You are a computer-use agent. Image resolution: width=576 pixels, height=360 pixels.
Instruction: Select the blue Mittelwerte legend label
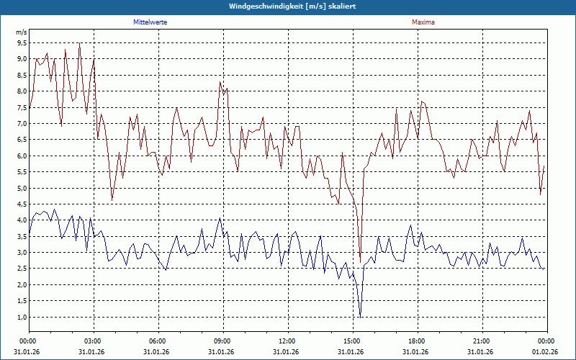click(x=150, y=22)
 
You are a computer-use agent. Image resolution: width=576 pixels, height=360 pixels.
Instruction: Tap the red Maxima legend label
click(x=423, y=22)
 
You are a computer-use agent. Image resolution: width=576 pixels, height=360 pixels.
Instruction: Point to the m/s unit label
click(x=22, y=32)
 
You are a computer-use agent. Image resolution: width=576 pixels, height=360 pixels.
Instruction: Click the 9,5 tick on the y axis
click(x=22, y=42)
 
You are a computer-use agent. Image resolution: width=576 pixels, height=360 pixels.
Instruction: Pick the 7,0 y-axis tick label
click(x=22, y=124)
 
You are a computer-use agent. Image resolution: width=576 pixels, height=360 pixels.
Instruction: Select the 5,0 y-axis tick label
click(x=22, y=189)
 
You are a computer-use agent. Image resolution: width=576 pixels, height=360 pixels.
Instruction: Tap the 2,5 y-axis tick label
click(x=22, y=269)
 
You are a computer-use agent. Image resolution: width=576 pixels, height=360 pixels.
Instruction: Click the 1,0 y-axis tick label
click(x=22, y=318)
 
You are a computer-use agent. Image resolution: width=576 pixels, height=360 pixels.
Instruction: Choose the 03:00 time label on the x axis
click(x=93, y=341)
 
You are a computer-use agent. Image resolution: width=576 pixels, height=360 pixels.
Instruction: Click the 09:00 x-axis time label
click(x=222, y=341)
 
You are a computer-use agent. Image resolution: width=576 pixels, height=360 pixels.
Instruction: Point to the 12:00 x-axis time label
click(x=287, y=341)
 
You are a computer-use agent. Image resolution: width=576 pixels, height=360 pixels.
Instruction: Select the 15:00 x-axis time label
click(x=352, y=341)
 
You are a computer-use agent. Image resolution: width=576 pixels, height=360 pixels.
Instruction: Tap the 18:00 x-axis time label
click(x=417, y=341)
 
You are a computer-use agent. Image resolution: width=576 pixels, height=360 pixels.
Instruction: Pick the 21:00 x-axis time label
click(x=482, y=341)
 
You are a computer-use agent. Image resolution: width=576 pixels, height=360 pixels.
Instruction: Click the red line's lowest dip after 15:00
click(x=360, y=263)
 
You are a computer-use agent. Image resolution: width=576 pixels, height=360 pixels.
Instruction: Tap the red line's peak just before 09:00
click(x=220, y=82)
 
